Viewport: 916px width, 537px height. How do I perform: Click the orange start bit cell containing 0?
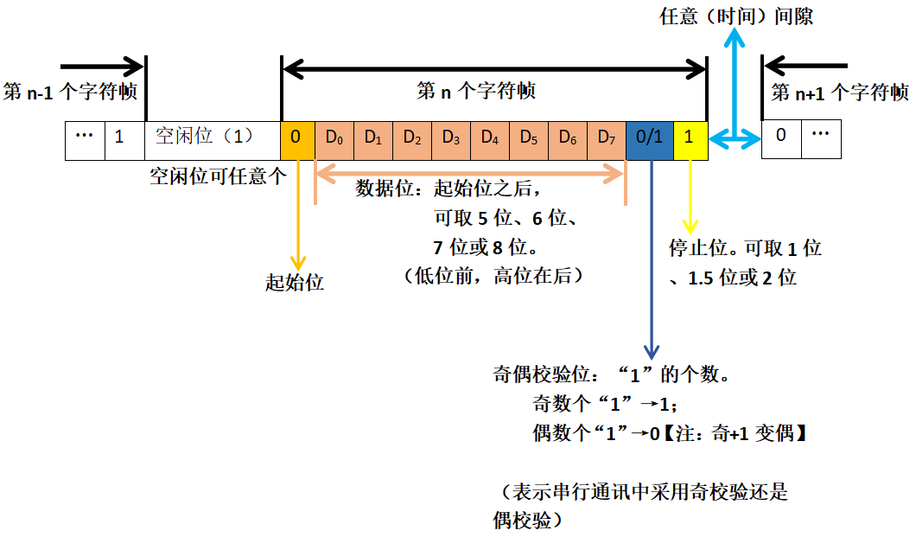point(297,137)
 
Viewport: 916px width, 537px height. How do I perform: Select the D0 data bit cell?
point(334,137)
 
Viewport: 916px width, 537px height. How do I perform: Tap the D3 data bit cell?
point(450,137)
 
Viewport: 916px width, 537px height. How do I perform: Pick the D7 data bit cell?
point(606,137)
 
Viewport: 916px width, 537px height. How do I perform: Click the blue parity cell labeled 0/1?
point(649,137)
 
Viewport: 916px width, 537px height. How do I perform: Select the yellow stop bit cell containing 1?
point(690,137)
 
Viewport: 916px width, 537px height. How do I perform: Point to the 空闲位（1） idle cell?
point(204,137)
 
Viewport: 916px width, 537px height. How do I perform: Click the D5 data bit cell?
point(528,137)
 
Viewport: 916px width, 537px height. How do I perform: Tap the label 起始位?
point(295,283)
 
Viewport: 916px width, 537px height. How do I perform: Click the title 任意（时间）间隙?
point(736,16)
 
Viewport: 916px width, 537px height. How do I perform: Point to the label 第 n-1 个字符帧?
point(70,92)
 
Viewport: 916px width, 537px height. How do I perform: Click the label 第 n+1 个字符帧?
point(839,93)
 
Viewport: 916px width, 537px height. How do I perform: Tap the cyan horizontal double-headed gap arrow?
point(735,137)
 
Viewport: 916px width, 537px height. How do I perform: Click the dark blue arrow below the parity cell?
point(651,259)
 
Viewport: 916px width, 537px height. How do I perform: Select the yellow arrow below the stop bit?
point(690,195)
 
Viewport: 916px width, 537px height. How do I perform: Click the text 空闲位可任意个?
point(217,177)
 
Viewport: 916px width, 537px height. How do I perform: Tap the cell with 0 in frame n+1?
point(780,137)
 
